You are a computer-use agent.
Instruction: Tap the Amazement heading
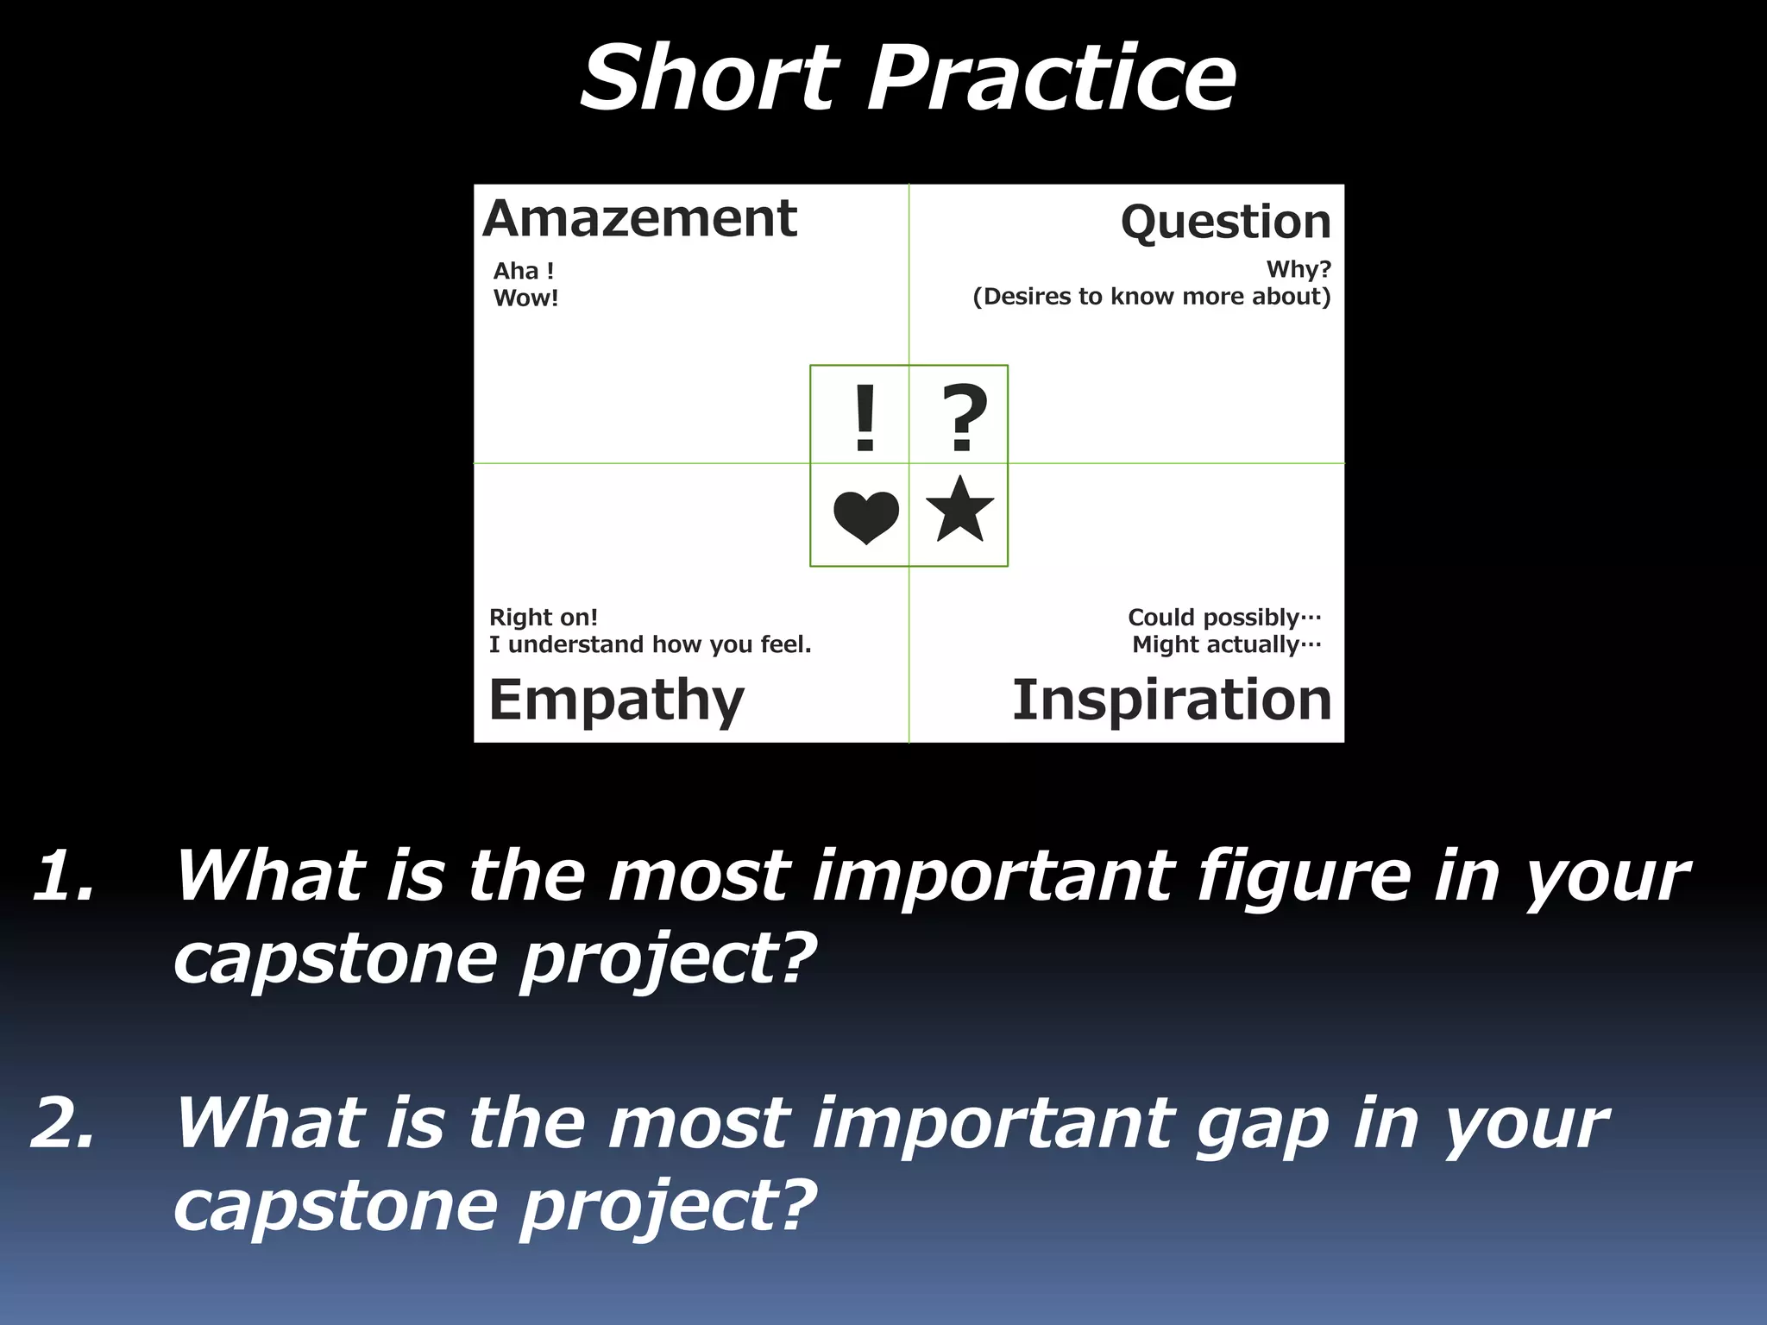pos(639,219)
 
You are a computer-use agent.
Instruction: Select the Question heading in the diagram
pos(1225,223)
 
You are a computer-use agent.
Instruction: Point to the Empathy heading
pos(616,700)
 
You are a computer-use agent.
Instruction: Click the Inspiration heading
pos(1172,700)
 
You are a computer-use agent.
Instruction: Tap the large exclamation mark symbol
pos(865,418)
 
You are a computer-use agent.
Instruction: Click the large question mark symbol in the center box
pos(964,418)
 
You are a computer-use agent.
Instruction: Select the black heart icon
pos(865,517)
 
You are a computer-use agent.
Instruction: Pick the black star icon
pos(959,511)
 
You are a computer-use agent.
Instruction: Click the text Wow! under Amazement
pos(525,298)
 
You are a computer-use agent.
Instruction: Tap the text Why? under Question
pos(1298,269)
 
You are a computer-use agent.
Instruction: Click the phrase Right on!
pos(543,618)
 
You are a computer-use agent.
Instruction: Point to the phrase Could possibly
pos(1223,618)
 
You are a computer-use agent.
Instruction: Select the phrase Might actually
pos(1225,644)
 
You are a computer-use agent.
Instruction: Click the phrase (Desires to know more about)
pos(1151,297)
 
